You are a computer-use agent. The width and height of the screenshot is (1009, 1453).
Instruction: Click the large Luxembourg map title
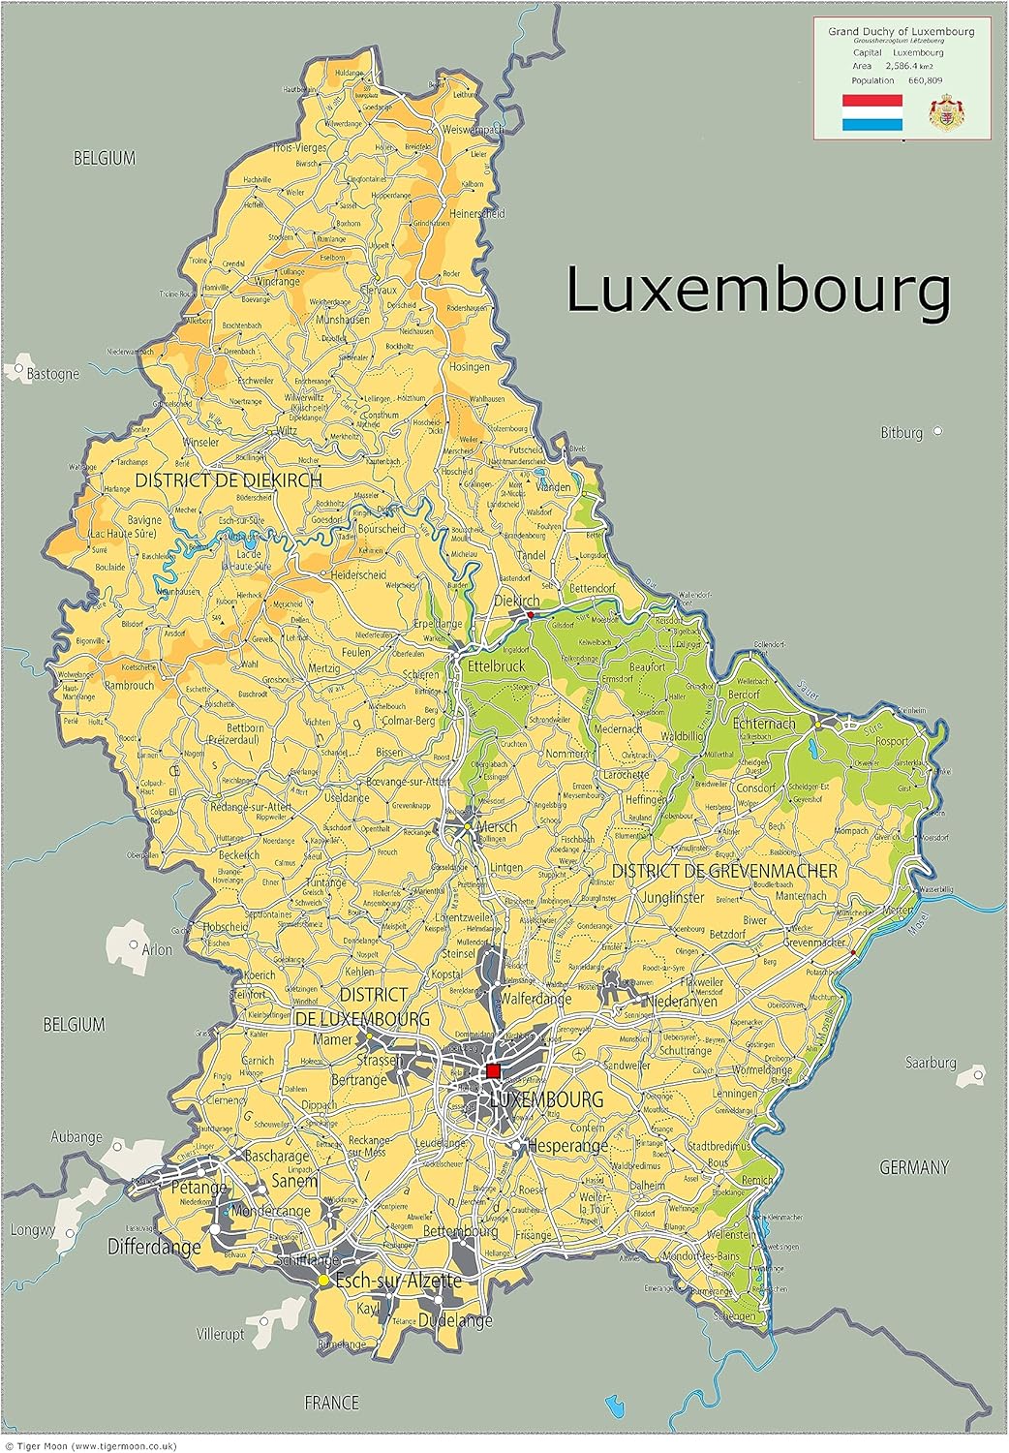[758, 291]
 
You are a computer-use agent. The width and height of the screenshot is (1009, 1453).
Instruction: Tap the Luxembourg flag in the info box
[871, 112]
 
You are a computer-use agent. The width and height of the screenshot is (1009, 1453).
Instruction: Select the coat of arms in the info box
[946, 113]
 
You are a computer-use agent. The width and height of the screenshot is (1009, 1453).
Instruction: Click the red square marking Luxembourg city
[493, 1070]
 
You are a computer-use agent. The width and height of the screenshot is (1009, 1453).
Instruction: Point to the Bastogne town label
[52, 374]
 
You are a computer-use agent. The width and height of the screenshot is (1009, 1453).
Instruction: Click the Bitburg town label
[901, 433]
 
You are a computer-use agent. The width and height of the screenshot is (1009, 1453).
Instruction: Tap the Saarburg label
[930, 1063]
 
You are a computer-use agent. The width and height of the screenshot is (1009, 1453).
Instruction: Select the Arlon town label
[157, 949]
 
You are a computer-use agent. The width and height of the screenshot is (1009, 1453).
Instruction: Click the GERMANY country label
[913, 1167]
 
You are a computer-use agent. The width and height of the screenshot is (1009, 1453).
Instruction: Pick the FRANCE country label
[331, 1402]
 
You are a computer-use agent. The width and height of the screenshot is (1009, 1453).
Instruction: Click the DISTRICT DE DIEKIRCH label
[229, 479]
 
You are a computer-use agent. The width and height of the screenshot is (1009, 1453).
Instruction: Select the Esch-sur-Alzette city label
[398, 1281]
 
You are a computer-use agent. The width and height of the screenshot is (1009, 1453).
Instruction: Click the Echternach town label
[764, 724]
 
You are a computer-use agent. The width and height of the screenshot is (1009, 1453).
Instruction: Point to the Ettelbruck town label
[496, 666]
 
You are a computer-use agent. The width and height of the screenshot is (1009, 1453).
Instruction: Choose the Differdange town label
[154, 1247]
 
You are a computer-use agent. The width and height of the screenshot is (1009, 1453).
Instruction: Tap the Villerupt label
[220, 1334]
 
